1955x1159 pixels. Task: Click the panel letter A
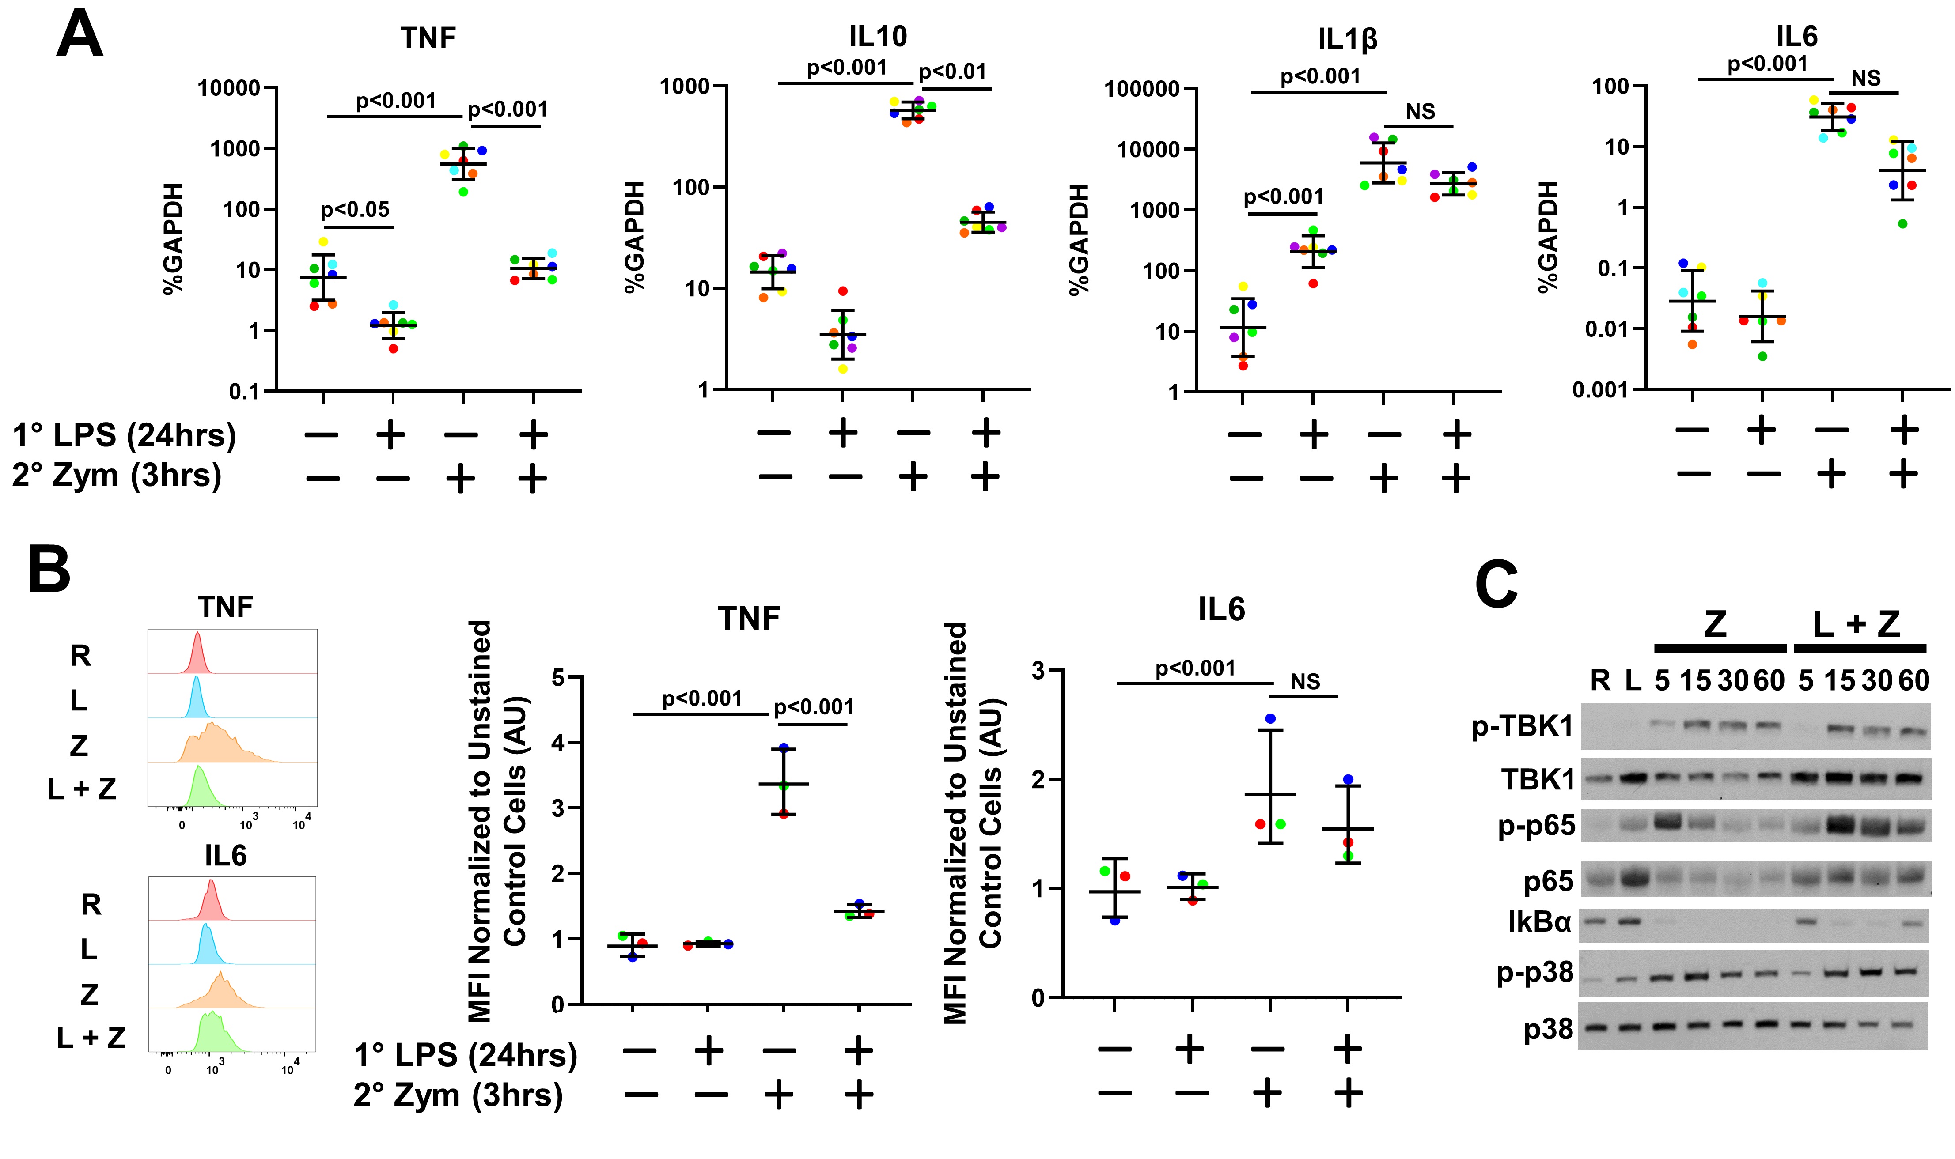coord(80,35)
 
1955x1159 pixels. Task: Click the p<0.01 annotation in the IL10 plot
coord(952,72)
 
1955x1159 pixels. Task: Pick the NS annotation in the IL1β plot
coord(1420,112)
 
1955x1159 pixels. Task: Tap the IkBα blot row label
coord(1539,922)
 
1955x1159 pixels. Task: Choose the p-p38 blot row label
coord(1535,973)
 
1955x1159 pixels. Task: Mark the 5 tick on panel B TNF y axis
coord(558,677)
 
